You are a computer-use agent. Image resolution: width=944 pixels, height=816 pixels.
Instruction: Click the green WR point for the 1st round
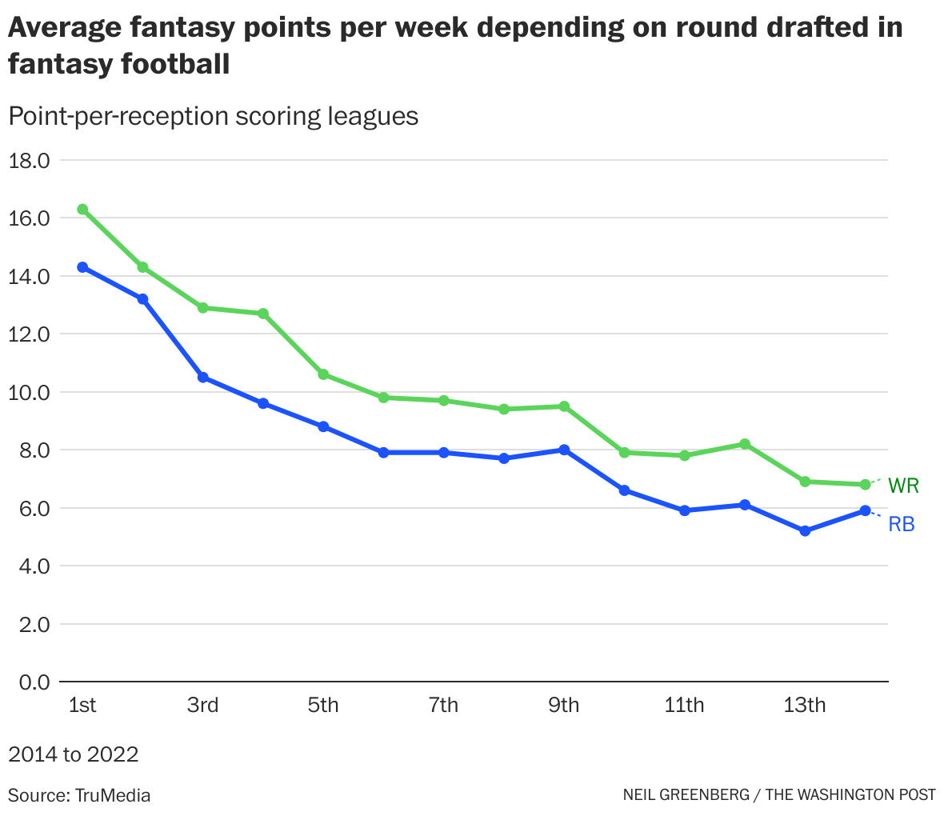[82, 210]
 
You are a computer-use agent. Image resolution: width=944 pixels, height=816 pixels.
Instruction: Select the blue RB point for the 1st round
[82, 267]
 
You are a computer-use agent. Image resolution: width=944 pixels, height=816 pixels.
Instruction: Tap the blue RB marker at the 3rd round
[202, 377]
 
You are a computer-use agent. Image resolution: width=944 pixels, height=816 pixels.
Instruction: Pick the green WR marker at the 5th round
[323, 374]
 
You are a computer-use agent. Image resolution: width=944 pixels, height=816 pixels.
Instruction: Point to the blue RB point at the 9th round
[564, 450]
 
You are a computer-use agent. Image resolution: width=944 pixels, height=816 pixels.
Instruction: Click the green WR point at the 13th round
[805, 482]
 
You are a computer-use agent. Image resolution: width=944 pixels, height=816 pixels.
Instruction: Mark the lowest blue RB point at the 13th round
[805, 531]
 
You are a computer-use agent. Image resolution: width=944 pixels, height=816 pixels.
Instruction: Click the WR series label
[903, 486]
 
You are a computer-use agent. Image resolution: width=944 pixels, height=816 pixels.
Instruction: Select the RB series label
[902, 525]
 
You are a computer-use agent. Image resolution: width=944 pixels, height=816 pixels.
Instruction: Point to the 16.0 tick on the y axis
[29, 218]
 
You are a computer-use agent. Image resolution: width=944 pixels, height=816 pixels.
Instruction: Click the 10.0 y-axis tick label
[29, 392]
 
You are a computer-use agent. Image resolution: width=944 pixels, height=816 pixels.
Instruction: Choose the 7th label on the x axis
[443, 706]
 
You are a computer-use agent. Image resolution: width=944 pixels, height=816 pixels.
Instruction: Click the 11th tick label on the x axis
[684, 706]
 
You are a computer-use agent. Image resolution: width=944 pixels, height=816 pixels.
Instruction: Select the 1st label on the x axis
[82, 706]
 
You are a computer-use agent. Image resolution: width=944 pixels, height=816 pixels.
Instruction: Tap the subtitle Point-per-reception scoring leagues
[214, 116]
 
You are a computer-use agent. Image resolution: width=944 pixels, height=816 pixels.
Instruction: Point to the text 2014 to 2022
[74, 754]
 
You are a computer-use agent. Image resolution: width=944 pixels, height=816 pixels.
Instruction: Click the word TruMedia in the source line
[113, 795]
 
